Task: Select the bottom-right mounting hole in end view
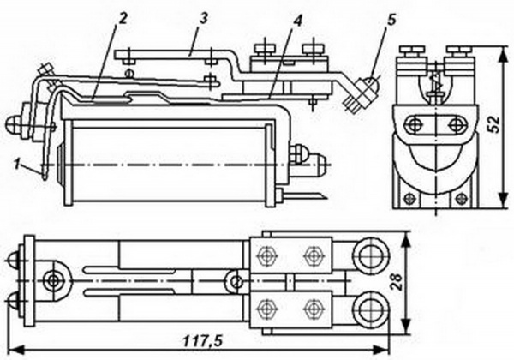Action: [462, 199]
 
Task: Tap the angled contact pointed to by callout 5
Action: [360, 93]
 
